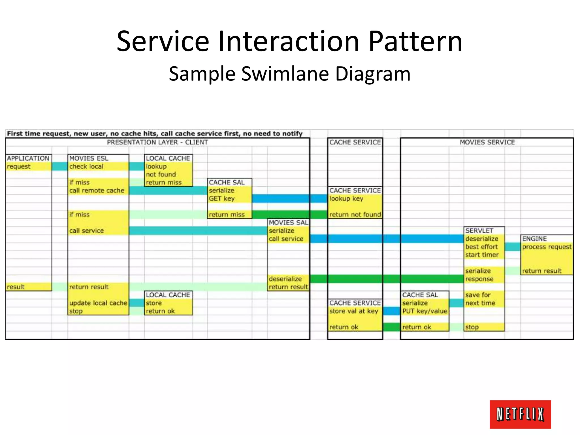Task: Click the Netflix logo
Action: point(520,414)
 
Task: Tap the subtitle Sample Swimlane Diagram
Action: point(289,74)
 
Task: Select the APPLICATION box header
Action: point(28,158)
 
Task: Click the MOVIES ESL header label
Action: point(89,158)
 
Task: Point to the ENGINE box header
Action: point(534,239)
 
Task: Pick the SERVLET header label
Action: point(479,231)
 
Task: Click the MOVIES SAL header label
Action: point(288,223)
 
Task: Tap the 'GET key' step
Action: point(222,199)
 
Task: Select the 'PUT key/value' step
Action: point(425,311)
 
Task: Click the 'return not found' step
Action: point(355,215)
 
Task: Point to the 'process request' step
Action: point(547,247)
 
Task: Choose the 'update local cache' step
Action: point(98,303)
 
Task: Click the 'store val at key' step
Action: point(353,311)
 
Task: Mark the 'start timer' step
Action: point(482,255)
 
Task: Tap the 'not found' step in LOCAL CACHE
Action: point(161,174)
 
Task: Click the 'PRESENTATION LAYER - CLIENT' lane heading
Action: point(157,142)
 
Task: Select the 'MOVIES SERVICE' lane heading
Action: point(487,142)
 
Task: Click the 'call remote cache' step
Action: point(97,191)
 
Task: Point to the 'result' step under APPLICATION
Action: point(16,287)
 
